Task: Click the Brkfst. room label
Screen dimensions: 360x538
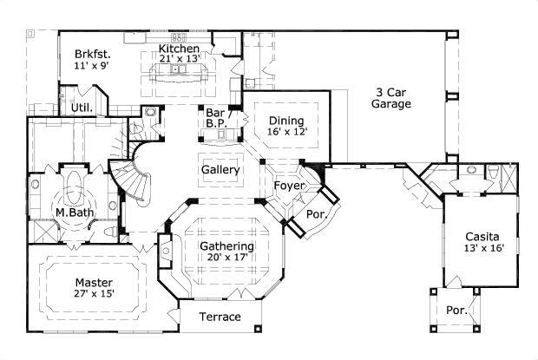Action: (x=91, y=52)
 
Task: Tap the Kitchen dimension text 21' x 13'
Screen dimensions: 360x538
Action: (x=180, y=59)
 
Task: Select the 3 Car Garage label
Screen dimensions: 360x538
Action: (x=392, y=97)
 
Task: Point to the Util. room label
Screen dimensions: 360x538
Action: (x=82, y=108)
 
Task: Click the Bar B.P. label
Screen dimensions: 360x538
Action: (x=216, y=118)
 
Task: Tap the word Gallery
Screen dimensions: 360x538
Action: (x=220, y=170)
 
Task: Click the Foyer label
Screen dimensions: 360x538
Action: (x=288, y=186)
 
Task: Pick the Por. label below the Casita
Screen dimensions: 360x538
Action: (x=456, y=310)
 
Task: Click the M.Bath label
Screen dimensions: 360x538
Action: (x=75, y=213)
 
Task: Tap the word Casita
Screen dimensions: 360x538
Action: (x=482, y=236)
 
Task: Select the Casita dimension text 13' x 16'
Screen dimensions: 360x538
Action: (x=482, y=248)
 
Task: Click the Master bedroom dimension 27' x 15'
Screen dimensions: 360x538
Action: (x=94, y=294)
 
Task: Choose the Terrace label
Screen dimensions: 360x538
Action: (x=220, y=317)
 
